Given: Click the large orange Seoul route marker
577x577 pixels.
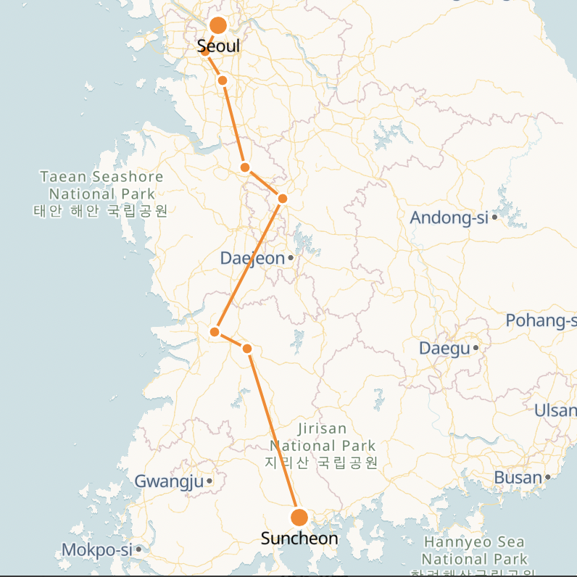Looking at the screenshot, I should pyautogui.click(x=218, y=26).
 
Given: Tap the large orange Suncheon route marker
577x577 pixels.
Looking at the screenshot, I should pyautogui.click(x=299, y=518).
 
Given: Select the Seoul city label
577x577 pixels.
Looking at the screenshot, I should pyautogui.click(x=218, y=46).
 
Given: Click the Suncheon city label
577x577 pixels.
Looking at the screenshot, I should pyautogui.click(x=299, y=539).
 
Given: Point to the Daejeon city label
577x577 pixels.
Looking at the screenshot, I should pyautogui.click(x=252, y=258).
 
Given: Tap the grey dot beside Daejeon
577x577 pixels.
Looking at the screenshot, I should pyautogui.click(x=291, y=257).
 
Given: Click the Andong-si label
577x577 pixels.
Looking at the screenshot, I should pyautogui.click(x=449, y=217).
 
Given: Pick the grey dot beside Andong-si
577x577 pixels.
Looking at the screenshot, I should pyautogui.click(x=494, y=217).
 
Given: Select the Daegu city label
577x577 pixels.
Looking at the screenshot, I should pyautogui.click(x=444, y=349).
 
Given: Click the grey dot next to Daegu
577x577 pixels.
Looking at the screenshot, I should pyautogui.click(x=476, y=348).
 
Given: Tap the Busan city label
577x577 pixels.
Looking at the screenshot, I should pyautogui.click(x=518, y=478).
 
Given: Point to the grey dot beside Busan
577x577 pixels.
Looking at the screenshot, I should pyautogui.click(x=548, y=477).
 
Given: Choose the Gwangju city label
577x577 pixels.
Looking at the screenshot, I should pyautogui.click(x=169, y=481).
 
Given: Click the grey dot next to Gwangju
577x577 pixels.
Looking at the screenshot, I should pyautogui.click(x=209, y=481).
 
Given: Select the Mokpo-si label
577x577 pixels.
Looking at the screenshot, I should pyautogui.click(x=97, y=549).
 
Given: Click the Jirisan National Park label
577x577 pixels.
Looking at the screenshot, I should pyautogui.click(x=322, y=445).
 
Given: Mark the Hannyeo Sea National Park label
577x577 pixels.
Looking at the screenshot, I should pyautogui.click(x=474, y=551).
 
